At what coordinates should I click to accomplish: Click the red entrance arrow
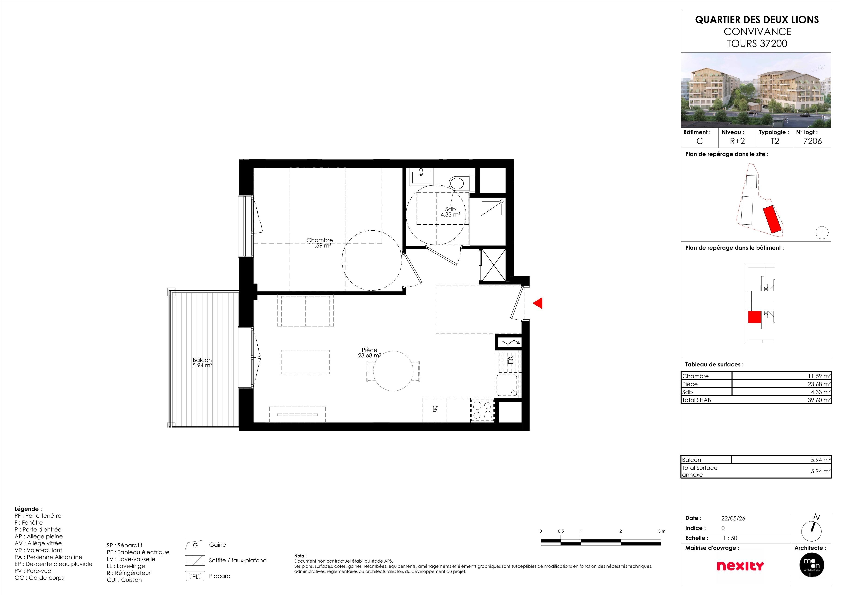543,307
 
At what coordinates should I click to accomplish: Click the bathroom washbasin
426,179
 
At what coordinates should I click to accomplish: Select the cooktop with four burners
488,415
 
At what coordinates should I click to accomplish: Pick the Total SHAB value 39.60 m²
828,404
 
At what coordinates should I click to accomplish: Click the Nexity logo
749,572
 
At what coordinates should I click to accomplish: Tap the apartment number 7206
822,143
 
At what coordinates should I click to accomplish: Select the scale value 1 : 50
738,544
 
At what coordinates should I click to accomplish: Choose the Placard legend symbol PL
197,583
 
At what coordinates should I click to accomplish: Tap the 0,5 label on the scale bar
567,537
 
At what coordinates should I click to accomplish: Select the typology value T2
783,143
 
